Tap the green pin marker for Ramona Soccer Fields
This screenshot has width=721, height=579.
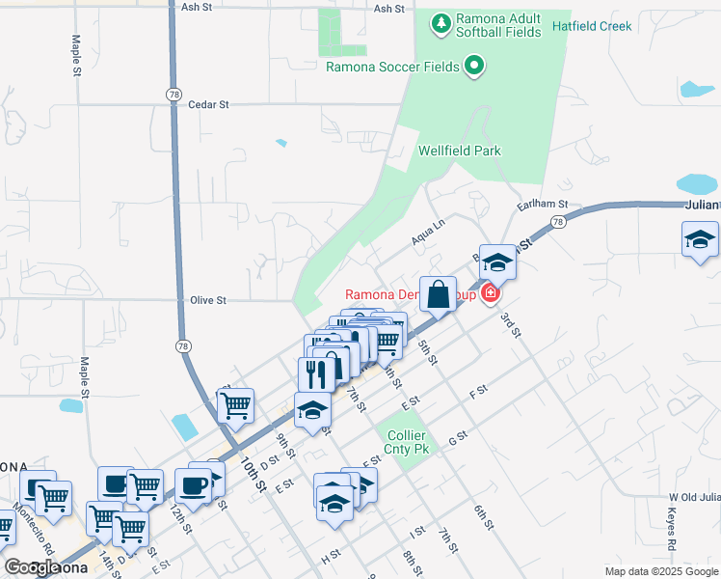tap(473, 66)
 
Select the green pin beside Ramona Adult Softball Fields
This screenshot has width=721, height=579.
tap(441, 22)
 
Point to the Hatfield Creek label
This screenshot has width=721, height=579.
tap(592, 26)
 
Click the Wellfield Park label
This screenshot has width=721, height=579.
tap(460, 151)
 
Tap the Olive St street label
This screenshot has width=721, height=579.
tap(207, 300)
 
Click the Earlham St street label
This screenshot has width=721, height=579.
tap(543, 206)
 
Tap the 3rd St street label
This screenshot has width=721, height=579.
tap(509, 325)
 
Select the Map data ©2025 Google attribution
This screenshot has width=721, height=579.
tap(660, 572)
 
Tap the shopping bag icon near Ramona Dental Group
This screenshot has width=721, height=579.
tap(438, 294)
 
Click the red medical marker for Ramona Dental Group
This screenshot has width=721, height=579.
tap(491, 293)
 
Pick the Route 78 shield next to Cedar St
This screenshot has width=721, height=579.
tap(174, 94)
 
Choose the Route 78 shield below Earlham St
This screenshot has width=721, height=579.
tap(557, 223)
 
